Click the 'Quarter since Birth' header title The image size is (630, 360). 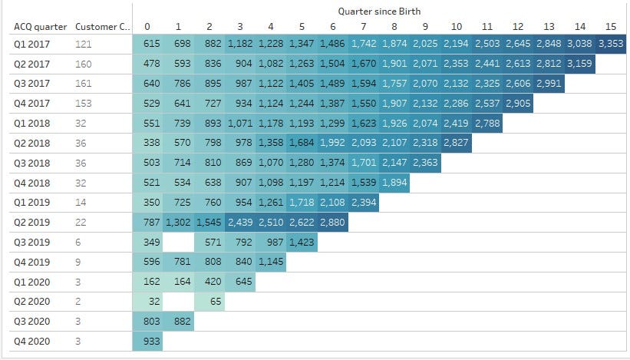coord(379,11)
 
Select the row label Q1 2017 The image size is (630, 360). coord(31,45)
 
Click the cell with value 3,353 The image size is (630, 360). coord(611,45)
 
